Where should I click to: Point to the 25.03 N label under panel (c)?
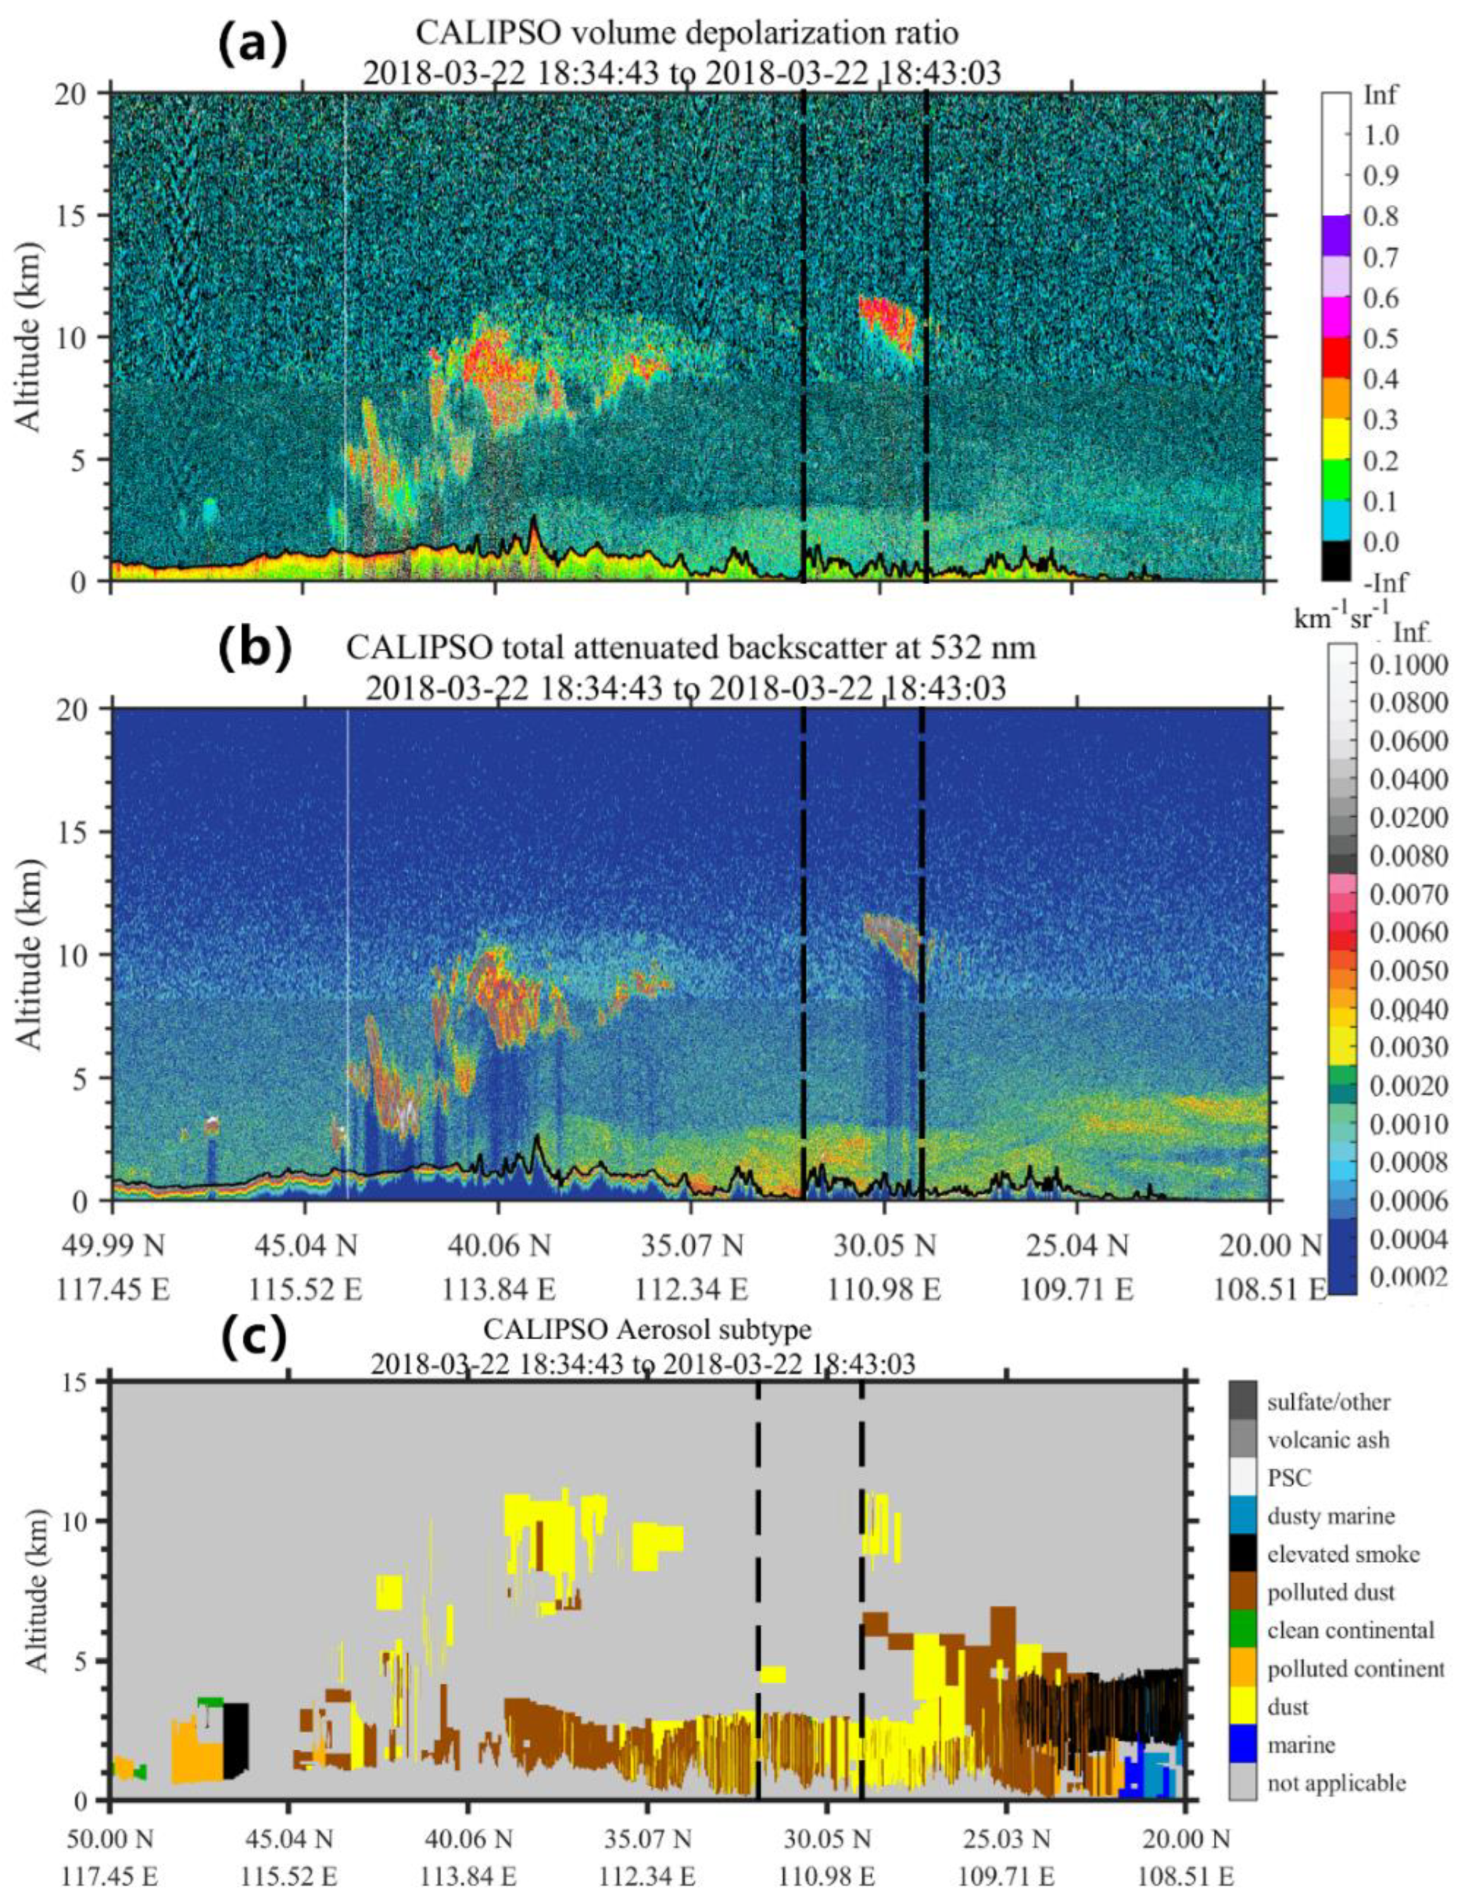pos(1005,1834)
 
